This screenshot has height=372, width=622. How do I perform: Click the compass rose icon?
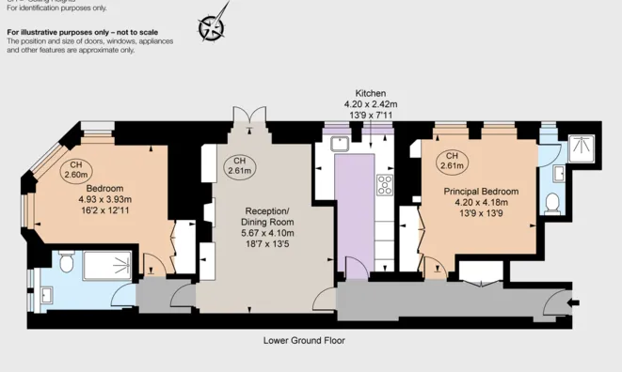coord(214,25)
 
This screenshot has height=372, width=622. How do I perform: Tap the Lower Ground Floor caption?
coord(304,340)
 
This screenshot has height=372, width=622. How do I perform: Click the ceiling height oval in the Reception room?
coord(239,166)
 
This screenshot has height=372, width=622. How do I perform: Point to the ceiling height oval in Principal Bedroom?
coord(452,162)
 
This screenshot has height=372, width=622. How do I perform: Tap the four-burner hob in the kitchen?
coord(384,184)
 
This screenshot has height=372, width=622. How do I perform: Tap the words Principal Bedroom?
coord(481,192)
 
